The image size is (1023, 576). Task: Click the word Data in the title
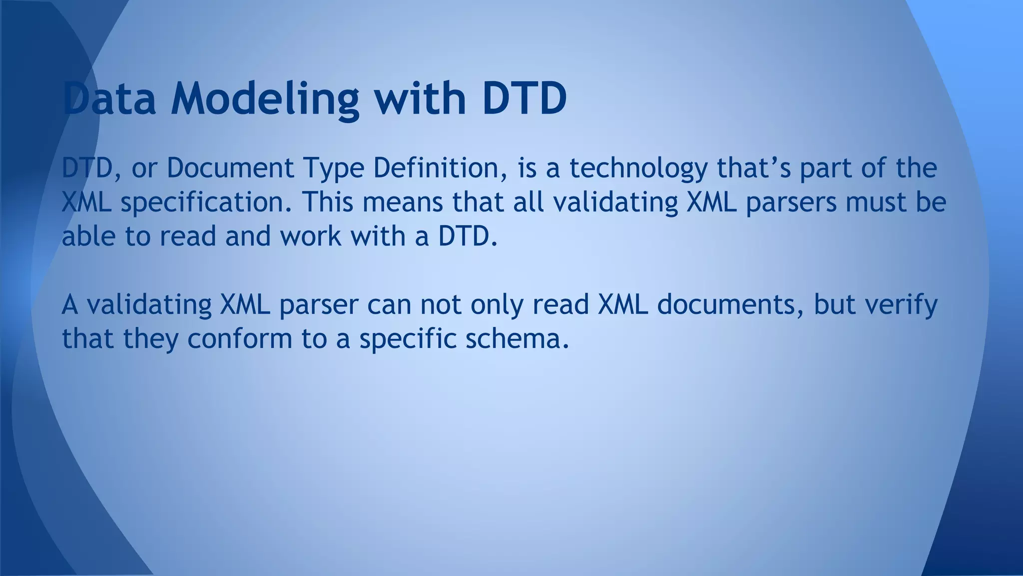click(x=109, y=98)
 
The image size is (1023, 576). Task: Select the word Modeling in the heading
click(x=264, y=98)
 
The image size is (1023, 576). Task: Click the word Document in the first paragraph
click(x=230, y=168)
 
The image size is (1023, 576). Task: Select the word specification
click(x=206, y=203)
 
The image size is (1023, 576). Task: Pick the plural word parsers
click(x=791, y=203)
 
